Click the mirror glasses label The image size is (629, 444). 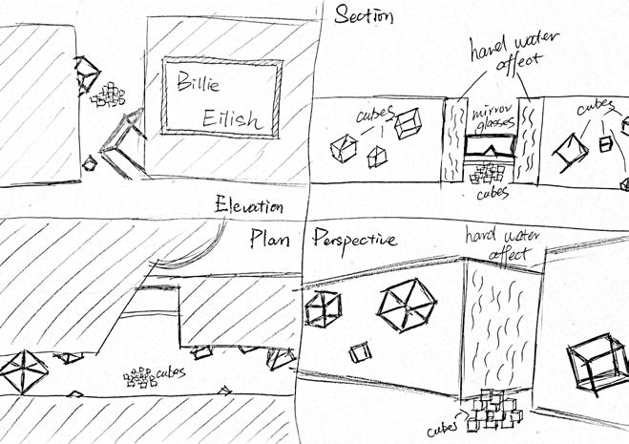[x=493, y=119]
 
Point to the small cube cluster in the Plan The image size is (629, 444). [x=140, y=379]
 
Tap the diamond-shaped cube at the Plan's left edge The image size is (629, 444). [x=22, y=369]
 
